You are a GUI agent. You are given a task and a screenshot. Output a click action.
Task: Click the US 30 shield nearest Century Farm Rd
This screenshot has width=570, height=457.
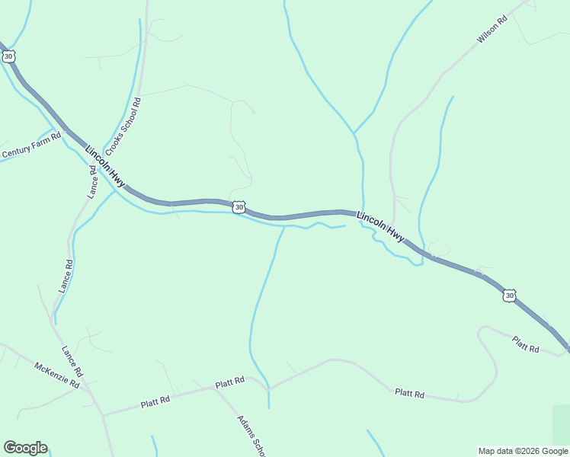pyautogui.click(x=8, y=56)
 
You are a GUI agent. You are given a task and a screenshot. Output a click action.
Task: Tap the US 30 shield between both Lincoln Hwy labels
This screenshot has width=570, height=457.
pyautogui.click(x=239, y=206)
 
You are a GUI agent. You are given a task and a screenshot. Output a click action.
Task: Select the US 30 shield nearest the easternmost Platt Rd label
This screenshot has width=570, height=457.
pyautogui.click(x=510, y=295)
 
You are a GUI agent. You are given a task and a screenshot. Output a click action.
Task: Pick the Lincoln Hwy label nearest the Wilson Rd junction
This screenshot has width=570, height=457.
pyautogui.click(x=381, y=227)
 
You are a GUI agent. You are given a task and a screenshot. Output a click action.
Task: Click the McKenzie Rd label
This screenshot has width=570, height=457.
pyautogui.click(x=57, y=375)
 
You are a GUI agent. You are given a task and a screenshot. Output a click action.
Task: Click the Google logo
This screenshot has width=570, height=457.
pyautogui.click(x=25, y=448)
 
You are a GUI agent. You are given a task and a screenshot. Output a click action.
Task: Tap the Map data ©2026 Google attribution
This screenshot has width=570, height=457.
pyautogui.click(x=523, y=451)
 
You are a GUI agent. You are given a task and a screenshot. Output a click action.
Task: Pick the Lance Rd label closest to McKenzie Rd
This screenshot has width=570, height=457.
pyautogui.click(x=72, y=362)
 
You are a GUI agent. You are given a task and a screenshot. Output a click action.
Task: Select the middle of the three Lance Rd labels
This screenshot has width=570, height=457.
pyautogui.click(x=66, y=276)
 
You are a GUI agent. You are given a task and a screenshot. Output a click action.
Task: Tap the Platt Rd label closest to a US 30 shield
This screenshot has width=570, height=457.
pyautogui.click(x=525, y=344)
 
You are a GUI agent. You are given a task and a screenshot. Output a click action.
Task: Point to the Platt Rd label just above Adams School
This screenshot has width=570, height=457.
pyautogui.click(x=229, y=382)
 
